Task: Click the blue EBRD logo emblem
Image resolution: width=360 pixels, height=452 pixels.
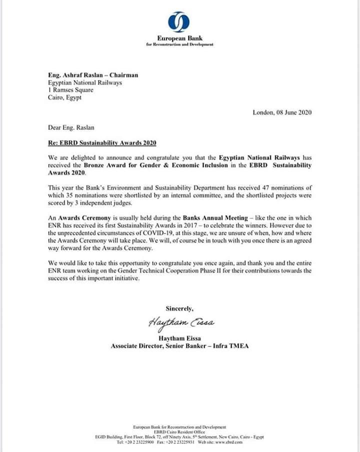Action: click(x=179, y=21)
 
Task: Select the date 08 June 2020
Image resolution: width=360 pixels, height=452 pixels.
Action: click(x=294, y=112)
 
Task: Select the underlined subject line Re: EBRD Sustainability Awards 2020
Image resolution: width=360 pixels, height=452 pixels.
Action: click(x=102, y=143)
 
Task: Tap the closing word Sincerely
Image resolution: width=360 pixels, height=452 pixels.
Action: click(x=179, y=308)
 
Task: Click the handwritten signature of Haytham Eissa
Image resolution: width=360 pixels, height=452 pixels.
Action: click(x=181, y=322)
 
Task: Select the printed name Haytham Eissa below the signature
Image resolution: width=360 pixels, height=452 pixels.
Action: click(x=179, y=337)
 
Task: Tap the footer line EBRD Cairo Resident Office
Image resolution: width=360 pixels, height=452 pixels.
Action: click(x=179, y=432)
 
